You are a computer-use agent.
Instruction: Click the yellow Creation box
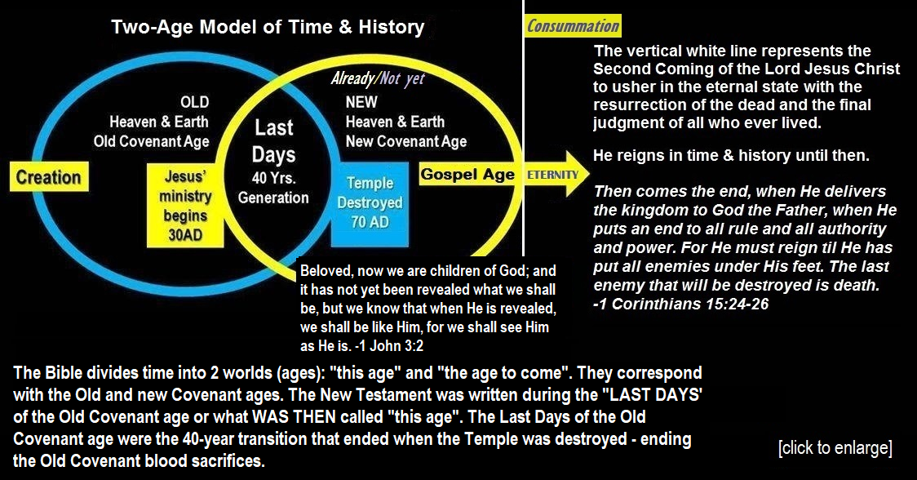pyautogui.click(x=49, y=177)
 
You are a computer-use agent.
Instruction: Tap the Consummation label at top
pyautogui.click(x=573, y=26)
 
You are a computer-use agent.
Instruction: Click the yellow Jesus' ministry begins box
pyautogui.click(x=185, y=206)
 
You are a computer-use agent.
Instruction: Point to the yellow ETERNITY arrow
pyautogui.click(x=556, y=174)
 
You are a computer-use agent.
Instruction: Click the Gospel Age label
pyautogui.click(x=467, y=175)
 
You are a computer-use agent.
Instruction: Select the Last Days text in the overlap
pyautogui.click(x=273, y=141)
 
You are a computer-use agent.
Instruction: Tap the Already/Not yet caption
pyautogui.click(x=378, y=78)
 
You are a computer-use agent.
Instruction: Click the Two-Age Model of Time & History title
pyautogui.click(x=268, y=27)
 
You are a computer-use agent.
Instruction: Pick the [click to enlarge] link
pyautogui.click(x=835, y=448)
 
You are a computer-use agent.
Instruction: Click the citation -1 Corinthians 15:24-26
pyautogui.click(x=680, y=304)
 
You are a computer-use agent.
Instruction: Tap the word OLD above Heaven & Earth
pyautogui.click(x=195, y=102)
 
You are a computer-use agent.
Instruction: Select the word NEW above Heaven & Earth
pyautogui.click(x=361, y=102)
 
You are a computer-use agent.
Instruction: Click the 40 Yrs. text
pyautogui.click(x=273, y=177)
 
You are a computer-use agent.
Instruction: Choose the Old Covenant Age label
pyautogui.click(x=152, y=142)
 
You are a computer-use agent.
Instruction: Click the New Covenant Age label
pyautogui.click(x=406, y=142)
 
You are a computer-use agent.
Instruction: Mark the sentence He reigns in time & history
pyautogui.click(x=732, y=156)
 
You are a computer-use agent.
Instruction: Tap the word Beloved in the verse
pyautogui.click(x=326, y=271)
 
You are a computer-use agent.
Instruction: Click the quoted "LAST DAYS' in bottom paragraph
pyautogui.click(x=652, y=394)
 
